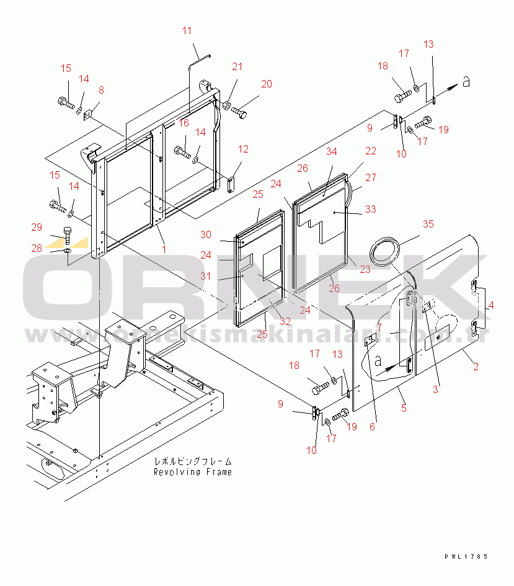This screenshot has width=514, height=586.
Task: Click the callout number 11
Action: [187, 30]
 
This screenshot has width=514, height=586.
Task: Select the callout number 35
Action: [428, 224]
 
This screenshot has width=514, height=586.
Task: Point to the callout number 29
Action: [37, 227]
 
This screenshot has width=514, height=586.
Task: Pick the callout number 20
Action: [267, 84]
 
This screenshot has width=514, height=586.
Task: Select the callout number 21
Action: [237, 67]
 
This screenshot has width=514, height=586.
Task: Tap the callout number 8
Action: [102, 90]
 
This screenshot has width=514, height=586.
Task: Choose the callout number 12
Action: [243, 149]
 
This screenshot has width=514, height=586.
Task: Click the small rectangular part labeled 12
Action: [231, 184]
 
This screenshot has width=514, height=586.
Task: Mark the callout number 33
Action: [370, 210]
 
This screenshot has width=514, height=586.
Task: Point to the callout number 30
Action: [206, 234]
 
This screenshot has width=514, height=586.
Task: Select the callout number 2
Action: [476, 366]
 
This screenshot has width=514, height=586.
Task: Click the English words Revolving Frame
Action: [193, 472]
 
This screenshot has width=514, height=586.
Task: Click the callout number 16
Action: [184, 123]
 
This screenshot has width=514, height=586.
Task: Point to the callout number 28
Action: [37, 248]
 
